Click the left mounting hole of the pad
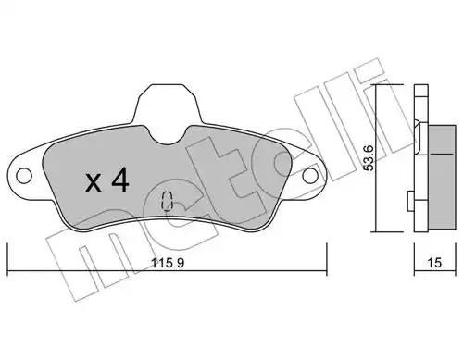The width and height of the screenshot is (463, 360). [24, 176]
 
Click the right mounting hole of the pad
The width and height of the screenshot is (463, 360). [310, 176]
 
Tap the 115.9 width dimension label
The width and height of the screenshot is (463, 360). [168, 263]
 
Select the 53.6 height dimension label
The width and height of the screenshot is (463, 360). [369, 158]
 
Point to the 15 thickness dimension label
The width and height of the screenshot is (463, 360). [434, 263]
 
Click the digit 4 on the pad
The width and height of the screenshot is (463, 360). [119, 180]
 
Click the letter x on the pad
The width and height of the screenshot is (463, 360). [93, 182]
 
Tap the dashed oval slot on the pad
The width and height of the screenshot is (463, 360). [167, 201]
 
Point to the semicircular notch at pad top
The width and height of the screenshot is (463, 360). [168, 136]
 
